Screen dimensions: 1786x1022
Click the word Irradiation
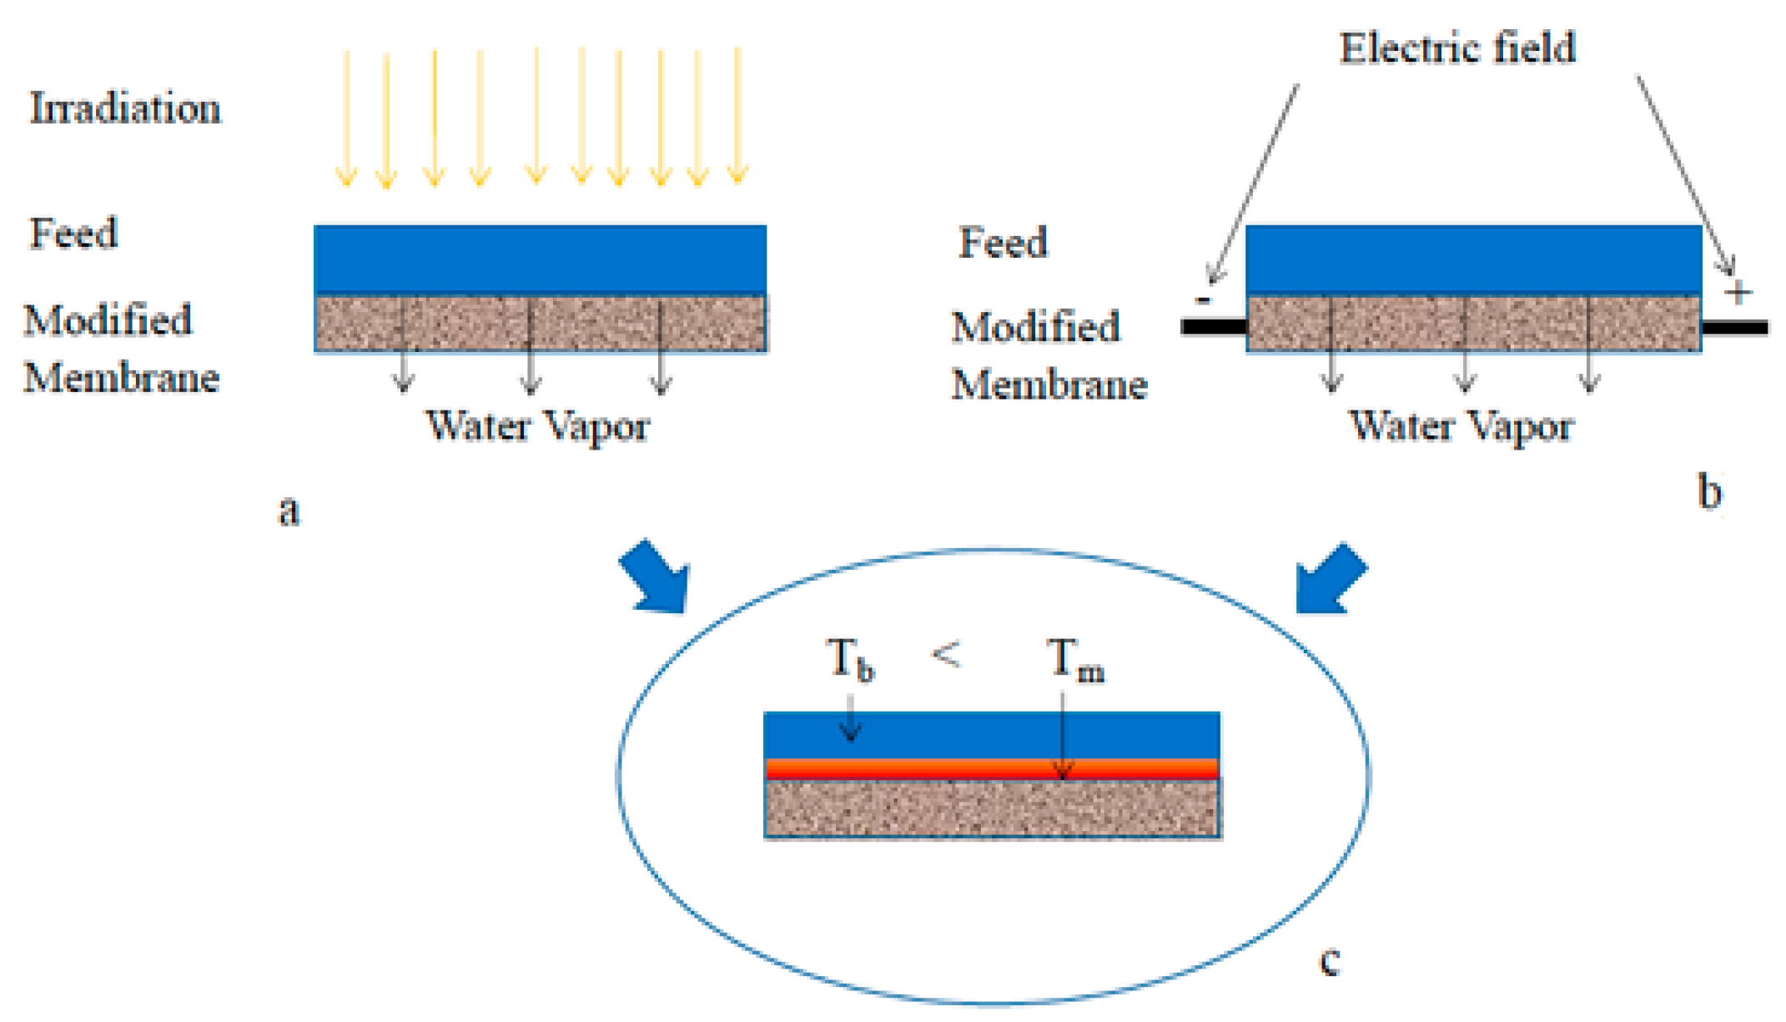click(125, 108)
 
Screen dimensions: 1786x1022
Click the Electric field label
click(1457, 48)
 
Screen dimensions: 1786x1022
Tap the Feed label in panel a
click(73, 233)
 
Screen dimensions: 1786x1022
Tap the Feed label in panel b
click(1003, 243)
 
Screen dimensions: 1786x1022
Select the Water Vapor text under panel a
click(538, 426)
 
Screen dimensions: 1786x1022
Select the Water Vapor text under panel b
click(1462, 426)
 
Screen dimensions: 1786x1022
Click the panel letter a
click(289, 510)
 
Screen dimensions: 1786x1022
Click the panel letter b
click(1709, 491)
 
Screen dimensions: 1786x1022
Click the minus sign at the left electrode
click(1203, 300)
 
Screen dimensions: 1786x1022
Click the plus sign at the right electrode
click(1738, 293)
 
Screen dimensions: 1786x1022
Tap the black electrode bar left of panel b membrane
click(1214, 327)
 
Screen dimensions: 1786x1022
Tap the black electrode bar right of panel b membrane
click(1734, 327)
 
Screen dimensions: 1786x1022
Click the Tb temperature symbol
click(850, 660)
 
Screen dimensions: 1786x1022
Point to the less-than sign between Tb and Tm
click(946, 654)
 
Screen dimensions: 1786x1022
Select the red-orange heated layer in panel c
click(992, 769)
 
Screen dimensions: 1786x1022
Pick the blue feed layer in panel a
click(540, 259)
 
